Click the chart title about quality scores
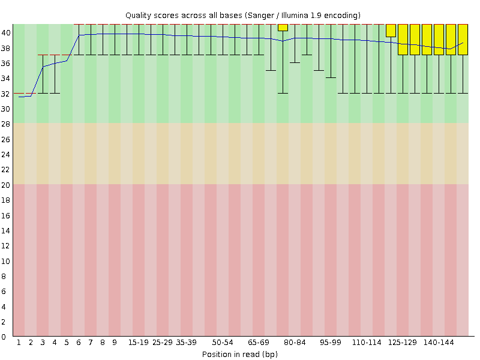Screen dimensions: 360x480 242,15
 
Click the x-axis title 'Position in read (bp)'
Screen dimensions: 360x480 239,354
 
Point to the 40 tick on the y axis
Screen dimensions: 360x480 6,33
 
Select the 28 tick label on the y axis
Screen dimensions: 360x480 6,124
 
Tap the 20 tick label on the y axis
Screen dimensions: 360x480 6,185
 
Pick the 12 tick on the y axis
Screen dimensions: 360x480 6,246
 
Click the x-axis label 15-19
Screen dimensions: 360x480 139,343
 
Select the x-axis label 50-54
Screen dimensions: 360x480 223,343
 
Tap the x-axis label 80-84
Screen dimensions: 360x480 295,343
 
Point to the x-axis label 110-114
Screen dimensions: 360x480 367,343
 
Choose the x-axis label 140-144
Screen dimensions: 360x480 439,343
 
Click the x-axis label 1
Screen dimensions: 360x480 19,343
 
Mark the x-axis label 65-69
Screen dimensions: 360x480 259,343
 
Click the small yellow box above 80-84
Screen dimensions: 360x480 283,28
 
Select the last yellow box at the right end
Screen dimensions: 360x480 463,40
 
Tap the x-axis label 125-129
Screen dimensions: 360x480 403,343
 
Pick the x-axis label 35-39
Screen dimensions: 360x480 187,343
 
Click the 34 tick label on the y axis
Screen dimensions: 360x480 6,79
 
